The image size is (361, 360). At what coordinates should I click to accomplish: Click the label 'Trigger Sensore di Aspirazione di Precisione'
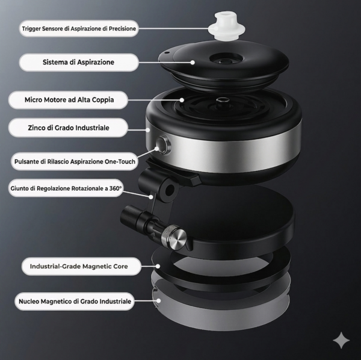[x=79, y=28]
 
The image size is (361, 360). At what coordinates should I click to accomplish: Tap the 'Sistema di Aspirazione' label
[x=78, y=62]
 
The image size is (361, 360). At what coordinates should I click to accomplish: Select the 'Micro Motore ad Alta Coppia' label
[x=69, y=100]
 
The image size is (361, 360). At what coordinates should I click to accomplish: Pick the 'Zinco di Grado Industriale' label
[x=68, y=128]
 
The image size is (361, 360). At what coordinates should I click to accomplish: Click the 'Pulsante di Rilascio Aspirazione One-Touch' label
[x=75, y=161]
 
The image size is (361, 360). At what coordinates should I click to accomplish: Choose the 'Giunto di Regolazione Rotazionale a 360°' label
[x=66, y=188]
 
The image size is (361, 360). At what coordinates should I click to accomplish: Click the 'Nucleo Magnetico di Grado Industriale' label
[x=75, y=301]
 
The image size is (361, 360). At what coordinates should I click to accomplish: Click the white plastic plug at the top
[x=227, y=26]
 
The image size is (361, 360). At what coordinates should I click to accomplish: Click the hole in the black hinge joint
[x=170, y=190]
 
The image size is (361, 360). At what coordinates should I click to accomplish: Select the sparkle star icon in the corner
[x=341, y=340]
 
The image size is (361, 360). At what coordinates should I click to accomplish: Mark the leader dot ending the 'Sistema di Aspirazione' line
[x=193, y=62]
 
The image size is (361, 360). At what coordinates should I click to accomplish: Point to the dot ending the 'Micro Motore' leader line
[x=182, y=100]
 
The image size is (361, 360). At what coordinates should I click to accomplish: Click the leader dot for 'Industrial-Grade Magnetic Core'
[x=158, y=266]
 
